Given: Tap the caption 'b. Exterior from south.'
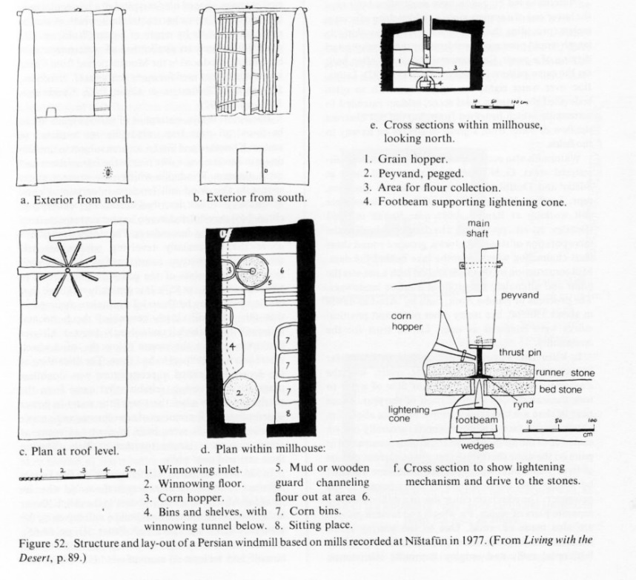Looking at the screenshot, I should [250, 198].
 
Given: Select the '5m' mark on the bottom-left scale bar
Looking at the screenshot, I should [130, 469].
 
